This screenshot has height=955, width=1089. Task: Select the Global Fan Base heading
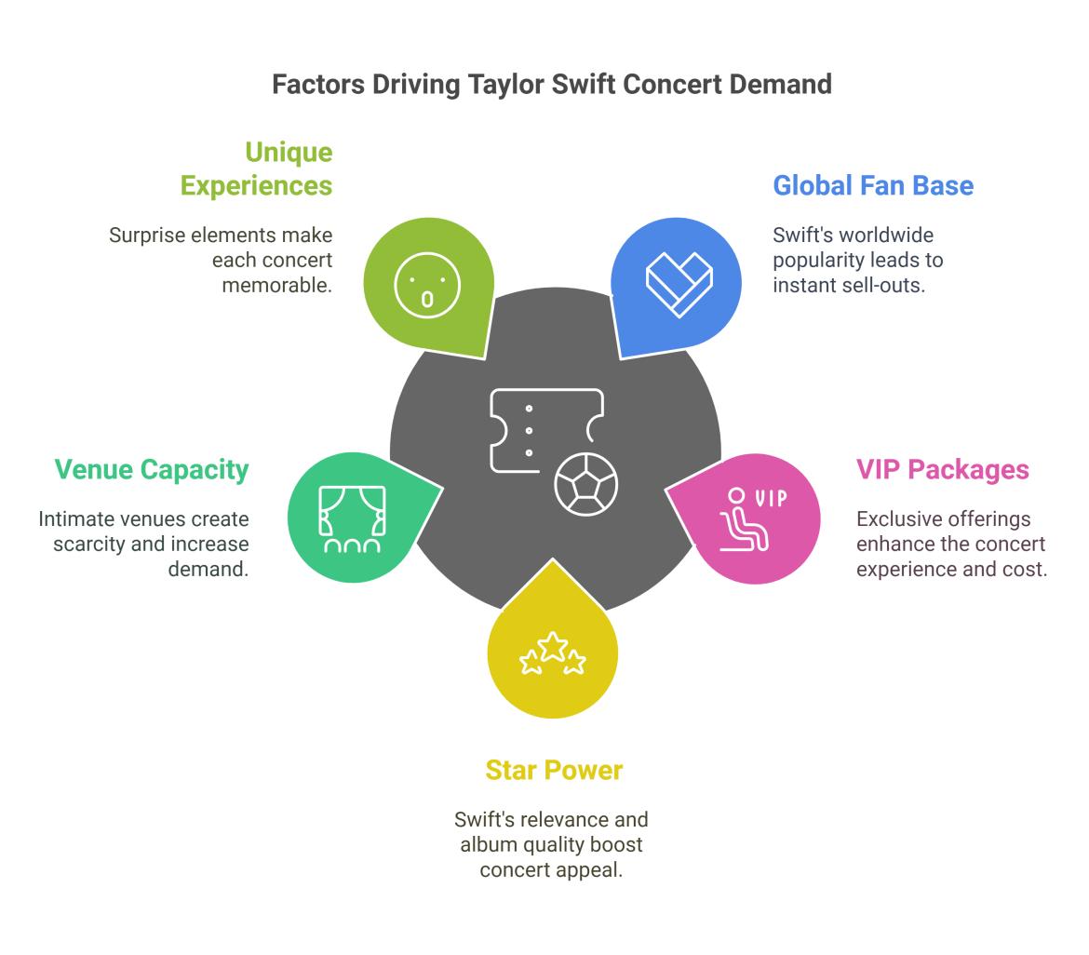[873, 185]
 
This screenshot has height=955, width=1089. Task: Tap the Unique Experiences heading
[256, 168]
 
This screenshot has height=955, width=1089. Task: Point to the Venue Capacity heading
[151, 469]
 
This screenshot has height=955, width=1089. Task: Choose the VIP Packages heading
[942, 469]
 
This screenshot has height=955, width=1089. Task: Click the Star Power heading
[554, 770]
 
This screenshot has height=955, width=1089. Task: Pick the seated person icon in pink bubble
[744, 522]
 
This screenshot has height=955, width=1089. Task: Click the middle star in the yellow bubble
[554, 645]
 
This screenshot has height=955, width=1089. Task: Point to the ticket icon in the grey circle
[545, 430]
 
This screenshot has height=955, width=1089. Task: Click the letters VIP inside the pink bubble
[771, 498]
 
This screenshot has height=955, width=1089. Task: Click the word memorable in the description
[276, 285]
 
